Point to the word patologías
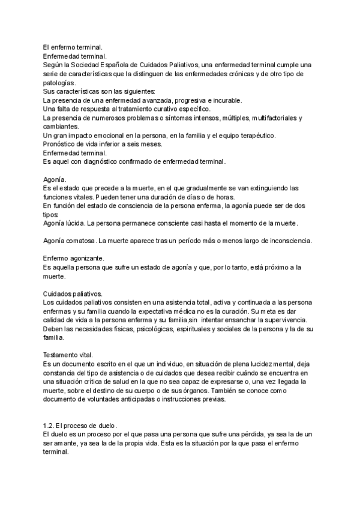pyautogui.click(x=60, y=82)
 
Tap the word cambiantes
pyautogui.click(x=61, y=127)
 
